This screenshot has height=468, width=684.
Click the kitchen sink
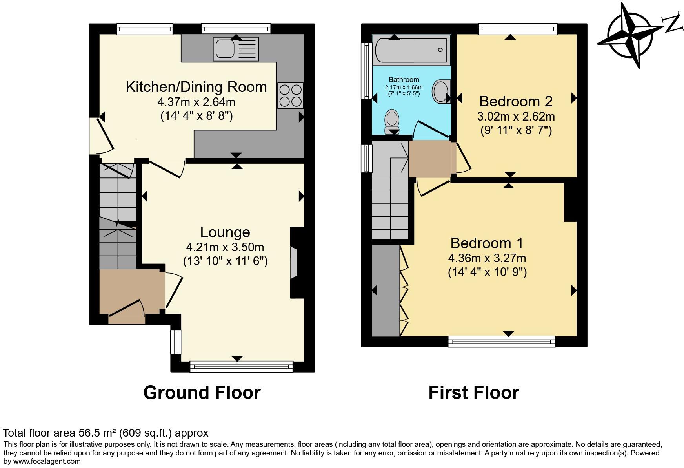point(236,49)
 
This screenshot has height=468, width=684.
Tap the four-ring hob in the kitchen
point(290,95)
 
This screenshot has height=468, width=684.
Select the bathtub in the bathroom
point(411,50)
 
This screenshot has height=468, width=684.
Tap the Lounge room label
point(225,232)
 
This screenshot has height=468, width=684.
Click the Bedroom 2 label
point(515,101)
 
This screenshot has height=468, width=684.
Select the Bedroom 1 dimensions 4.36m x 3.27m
point(487,258)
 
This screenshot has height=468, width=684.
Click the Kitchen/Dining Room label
point(196,87)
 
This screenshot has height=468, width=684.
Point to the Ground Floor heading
point(202,392)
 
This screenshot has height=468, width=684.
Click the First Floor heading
point(473,392)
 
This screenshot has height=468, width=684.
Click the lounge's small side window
point(176,341)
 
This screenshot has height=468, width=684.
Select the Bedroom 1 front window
point(502,342)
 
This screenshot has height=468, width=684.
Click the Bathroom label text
point(404,80)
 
